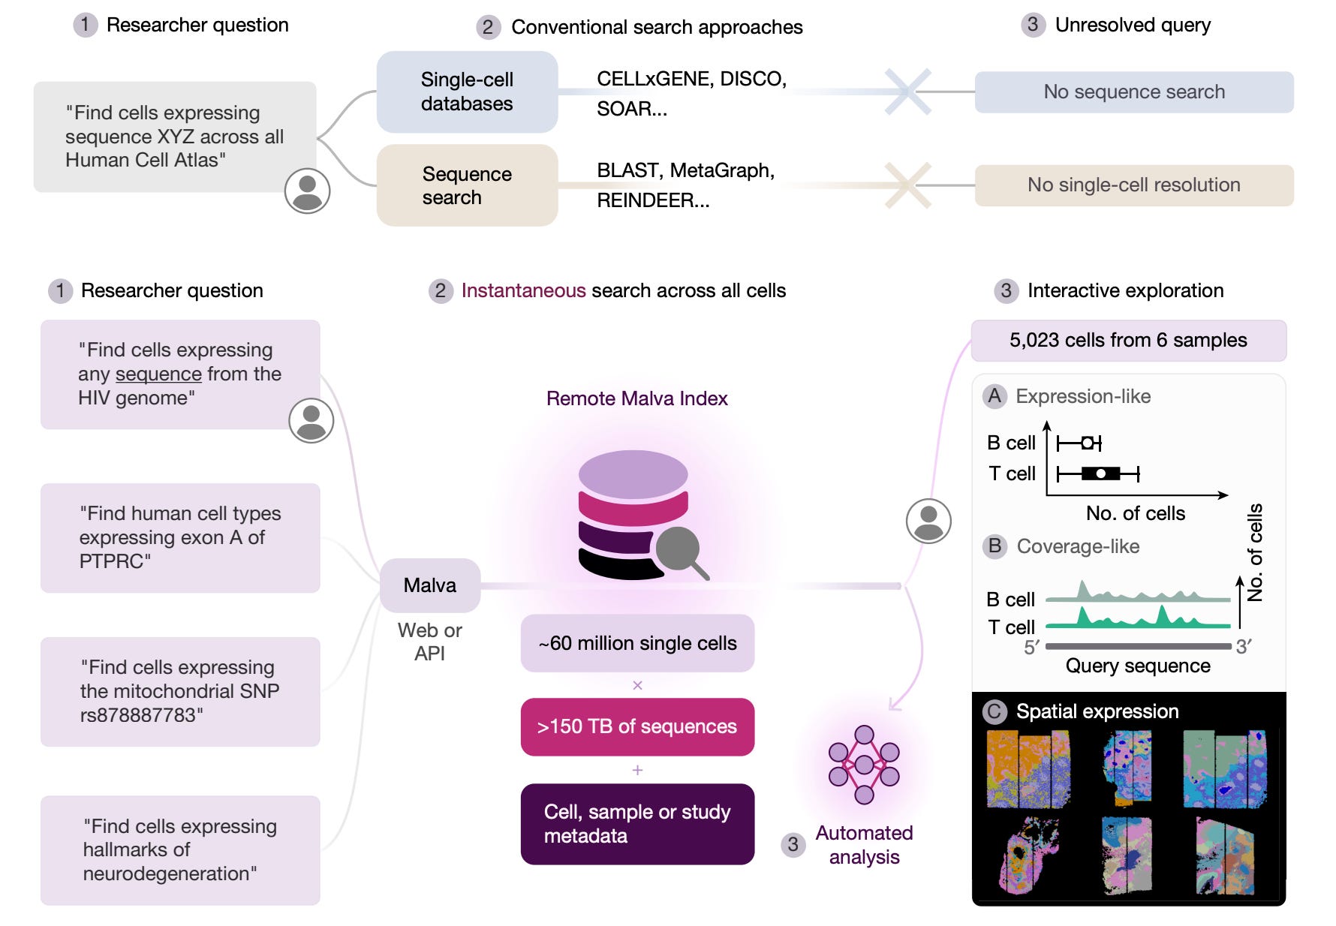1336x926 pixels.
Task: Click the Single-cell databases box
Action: point(467,92)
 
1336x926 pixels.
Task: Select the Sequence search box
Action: point(467,185)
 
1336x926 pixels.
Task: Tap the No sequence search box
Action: point(1134,92)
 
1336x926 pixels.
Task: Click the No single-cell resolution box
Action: point(1134,185)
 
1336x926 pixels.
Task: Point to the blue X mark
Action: point(908,92)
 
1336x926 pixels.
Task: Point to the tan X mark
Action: point(908,185)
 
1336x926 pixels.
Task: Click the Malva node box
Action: point(430,585)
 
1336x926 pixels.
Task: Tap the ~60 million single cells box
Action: point(637,643)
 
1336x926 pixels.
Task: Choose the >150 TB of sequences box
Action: point(637,726)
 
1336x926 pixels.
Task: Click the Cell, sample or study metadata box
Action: point(637,824)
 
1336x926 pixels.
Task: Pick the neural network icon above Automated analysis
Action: point(864,765)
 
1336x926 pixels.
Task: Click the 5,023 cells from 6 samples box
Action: point(1129,341)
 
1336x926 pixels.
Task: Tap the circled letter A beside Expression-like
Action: point(995,396)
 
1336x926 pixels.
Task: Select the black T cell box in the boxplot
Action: point(1100,474)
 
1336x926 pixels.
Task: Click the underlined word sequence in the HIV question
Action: point(159,374)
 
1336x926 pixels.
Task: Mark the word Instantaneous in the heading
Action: point(523,290)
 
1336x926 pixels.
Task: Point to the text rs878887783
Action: point(141,715)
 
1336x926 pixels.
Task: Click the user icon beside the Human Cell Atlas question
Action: point(308,191)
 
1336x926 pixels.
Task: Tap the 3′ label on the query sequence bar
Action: point(1244,647)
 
